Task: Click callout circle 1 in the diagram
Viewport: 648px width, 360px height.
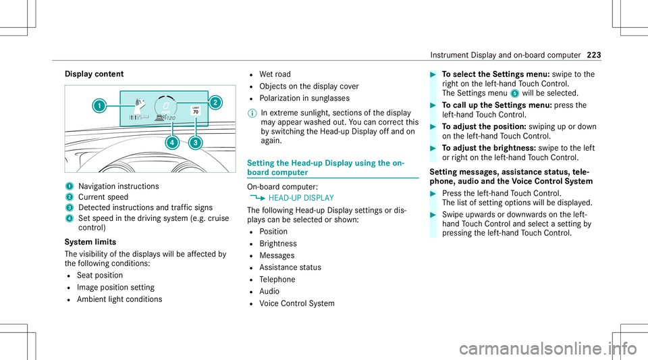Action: click(x=99, y=105)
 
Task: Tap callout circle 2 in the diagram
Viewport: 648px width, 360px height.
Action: click(x=216, y=103)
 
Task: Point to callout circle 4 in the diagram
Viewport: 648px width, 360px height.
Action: click(x=173, y=143)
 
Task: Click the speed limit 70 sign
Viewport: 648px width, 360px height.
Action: click(x=194, y=111)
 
